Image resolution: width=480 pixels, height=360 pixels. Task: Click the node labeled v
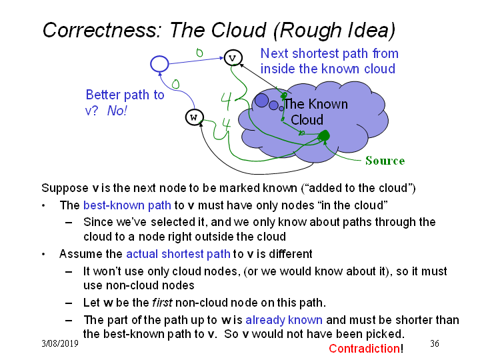(233, 58)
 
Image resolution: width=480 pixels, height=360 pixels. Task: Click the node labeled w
(195, 117)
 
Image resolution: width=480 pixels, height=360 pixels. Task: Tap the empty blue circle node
(159, 64)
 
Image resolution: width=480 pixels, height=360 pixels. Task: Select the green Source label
(385, 161)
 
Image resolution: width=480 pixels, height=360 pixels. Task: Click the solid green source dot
(324, 135)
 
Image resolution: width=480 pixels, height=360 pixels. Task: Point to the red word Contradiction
(364, 349)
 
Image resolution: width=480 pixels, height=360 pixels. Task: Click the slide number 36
(435, 343)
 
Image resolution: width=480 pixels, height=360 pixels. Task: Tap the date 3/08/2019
(60, 343)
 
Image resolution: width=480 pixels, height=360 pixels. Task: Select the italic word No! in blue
(117, 111)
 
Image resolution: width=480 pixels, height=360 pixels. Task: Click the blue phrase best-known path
(127, 205)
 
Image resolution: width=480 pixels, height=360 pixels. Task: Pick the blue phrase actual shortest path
(178, 254)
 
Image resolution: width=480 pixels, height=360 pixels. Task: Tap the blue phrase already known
(284, 320)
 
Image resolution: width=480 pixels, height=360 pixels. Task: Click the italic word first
(162, 303)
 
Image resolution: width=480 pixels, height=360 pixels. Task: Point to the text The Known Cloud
(316, 112)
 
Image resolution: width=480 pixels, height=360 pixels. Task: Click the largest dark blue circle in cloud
(262, 101)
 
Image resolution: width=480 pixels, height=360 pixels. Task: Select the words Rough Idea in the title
(334, 30)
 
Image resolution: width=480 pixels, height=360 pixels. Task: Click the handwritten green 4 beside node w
(226, 125)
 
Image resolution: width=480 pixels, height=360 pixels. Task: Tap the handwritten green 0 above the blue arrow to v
(199, 53)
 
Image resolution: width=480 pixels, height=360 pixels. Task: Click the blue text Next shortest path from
(329, 53)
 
